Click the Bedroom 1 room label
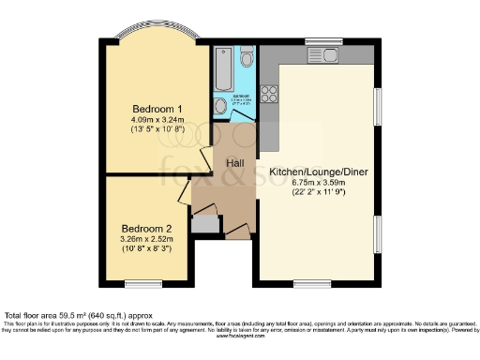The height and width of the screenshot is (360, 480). pos(157,109)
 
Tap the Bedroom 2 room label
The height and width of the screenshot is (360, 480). pos(146,228)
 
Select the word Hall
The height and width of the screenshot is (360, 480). pos(234,161)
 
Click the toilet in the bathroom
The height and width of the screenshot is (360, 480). pos(247,59)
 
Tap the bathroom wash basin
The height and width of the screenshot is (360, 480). pos(220,107)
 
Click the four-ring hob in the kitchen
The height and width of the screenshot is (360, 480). pos(269,93)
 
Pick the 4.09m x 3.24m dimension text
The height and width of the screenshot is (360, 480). pos(157,120)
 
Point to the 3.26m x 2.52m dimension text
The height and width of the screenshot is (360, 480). pos(146,240)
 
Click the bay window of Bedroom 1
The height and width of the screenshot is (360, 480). pos(157,39)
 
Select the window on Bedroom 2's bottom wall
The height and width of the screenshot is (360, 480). pos(143,283)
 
